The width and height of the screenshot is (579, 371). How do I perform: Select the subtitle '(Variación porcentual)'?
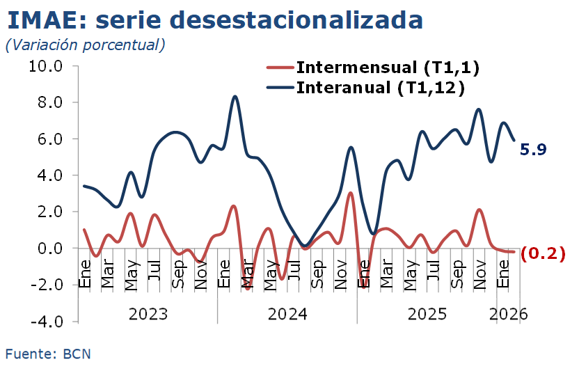pyautogui.click(x=85, y=45)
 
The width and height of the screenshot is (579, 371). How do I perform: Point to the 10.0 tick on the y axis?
pyautogui.click(x=45, y=66)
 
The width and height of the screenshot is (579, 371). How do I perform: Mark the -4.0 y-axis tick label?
pyautogui.click(x=45, y=322)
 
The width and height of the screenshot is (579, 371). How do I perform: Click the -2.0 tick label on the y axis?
pyautogui.click(x=45, y=285)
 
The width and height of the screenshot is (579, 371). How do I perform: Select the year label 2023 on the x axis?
pyautogui.click(x=148, y=313)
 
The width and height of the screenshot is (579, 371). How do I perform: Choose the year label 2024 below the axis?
pyautogui.click(x=287, y=313)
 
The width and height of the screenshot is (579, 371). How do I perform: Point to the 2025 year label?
pyautogui.click(x=427, y=313)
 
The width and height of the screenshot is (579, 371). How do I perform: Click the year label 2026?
pyautogui.click(x=509, y=313)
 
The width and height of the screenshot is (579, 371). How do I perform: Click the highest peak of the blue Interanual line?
pyautogui.click(x=235, y=96)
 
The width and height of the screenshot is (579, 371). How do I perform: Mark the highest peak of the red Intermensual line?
pyautogui.click(x=351, y=193)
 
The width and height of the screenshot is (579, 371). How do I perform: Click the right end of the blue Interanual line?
pyautogui.click(x=514, y=140)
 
